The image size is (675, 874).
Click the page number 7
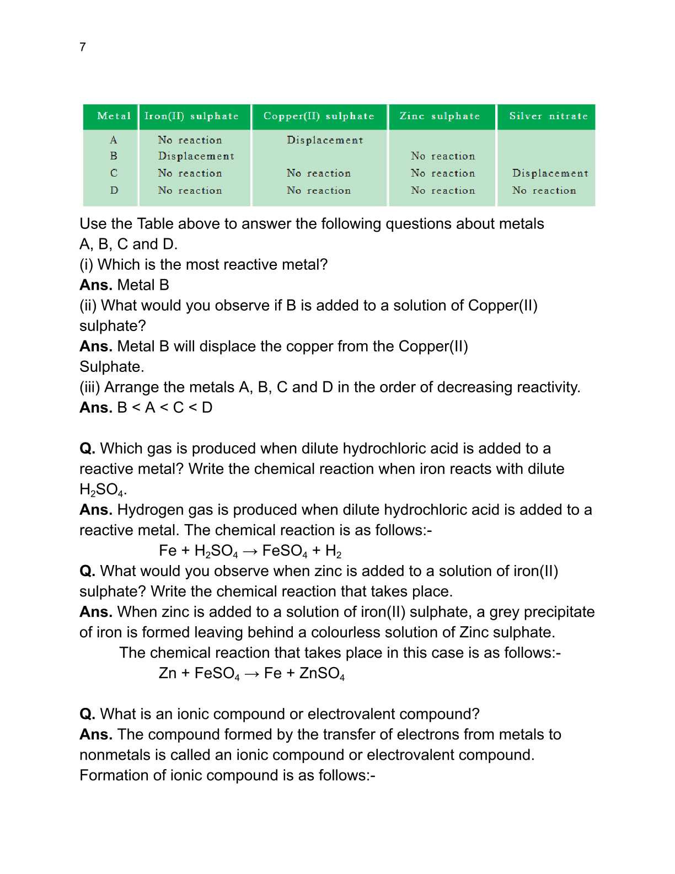coord(83,47)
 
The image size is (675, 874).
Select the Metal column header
coord(114,116)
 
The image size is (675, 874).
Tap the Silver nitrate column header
coord(548,116)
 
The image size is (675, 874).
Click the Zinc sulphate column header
coord(440,116)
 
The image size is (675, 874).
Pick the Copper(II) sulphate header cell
coord(319,116)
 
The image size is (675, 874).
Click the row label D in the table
coord(114,190)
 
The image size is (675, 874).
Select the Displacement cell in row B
coord(196,156)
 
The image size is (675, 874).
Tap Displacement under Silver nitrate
coord(550,173)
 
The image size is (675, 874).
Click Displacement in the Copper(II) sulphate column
coord(325,140)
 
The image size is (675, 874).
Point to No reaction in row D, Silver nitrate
coord(544,190)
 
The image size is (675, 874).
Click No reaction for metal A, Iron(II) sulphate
coord(190,140)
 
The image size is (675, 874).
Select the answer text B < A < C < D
coord(165,408)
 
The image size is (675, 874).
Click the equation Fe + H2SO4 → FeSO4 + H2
coord(250,551)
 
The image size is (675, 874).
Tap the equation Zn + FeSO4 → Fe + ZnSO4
coord(251,673)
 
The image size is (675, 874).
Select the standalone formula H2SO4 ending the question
coord(103,490)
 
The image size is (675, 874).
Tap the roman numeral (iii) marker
coord(89,387)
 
